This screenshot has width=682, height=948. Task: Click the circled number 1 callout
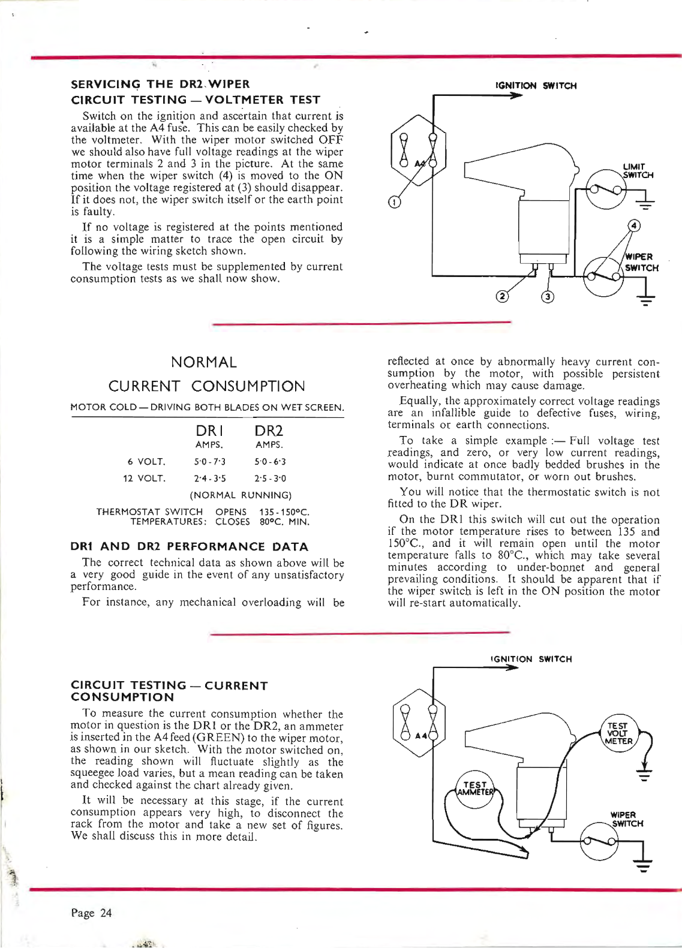[x=394, y=202]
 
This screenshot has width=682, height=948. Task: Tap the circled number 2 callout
[x=502, y=296]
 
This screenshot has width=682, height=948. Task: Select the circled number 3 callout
[x=548, y=297]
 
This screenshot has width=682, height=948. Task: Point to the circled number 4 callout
[x=634, y=225]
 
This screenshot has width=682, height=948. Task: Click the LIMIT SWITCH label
[x=637, y=171]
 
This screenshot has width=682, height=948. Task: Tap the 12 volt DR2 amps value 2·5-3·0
[x=270, y=478]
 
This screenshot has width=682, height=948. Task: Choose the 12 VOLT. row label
[x=144, y=478]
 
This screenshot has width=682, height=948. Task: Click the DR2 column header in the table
[x=269, y=431]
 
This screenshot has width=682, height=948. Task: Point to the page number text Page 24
[x=91, y=913]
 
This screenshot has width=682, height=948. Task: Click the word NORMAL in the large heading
[x=204, y=362]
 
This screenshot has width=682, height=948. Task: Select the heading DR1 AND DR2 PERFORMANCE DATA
[x=190, y=546]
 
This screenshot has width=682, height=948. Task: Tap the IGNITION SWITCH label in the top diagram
[x=536, y=86]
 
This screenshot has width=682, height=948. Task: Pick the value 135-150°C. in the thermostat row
[x=284, y=512]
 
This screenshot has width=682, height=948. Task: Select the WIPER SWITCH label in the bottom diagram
[x=626, y=819]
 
